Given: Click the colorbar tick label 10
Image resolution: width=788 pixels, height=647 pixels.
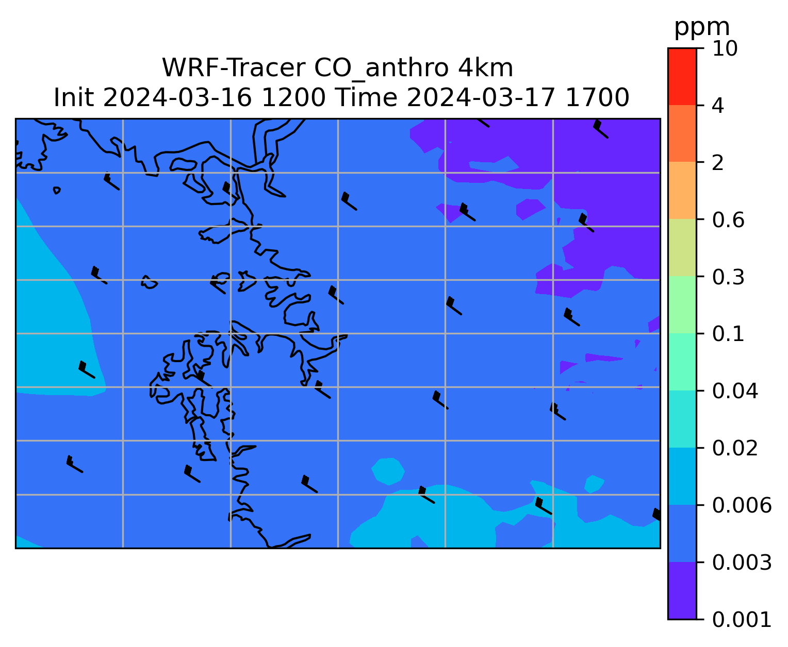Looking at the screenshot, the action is click(x=725, y=48).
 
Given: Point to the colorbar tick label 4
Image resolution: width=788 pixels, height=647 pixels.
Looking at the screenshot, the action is click(x=718, y=106).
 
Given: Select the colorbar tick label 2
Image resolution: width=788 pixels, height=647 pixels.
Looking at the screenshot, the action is click(x=718, y=163).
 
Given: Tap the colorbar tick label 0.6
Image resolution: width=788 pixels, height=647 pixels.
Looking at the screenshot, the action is click(x=728, y=220).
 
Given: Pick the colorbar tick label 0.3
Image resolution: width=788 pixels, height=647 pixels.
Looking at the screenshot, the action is click(x=728, y=277).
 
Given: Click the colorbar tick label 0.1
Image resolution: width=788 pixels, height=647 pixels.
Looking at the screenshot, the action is click(x=728, y=334).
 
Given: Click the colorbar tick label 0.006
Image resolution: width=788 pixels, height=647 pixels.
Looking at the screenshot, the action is click(x=742, y=505).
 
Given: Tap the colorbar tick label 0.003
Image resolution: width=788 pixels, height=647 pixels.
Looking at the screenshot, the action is click(x=742, y=563).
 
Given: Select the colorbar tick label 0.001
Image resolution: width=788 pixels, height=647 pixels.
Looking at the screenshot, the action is click(x=742, y=620).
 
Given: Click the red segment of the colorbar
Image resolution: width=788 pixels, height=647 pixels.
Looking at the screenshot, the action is click(x=682, y=77).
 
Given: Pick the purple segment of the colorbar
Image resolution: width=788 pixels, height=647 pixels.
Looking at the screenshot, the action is click(x=682, y=591).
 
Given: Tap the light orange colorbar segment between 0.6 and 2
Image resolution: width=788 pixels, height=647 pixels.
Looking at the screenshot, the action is click(x=682, y=190).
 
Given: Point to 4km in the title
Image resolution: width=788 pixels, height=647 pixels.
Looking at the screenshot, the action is click(x=486, y=68).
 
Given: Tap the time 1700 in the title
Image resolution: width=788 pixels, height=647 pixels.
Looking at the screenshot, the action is click(x=597, y=98).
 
